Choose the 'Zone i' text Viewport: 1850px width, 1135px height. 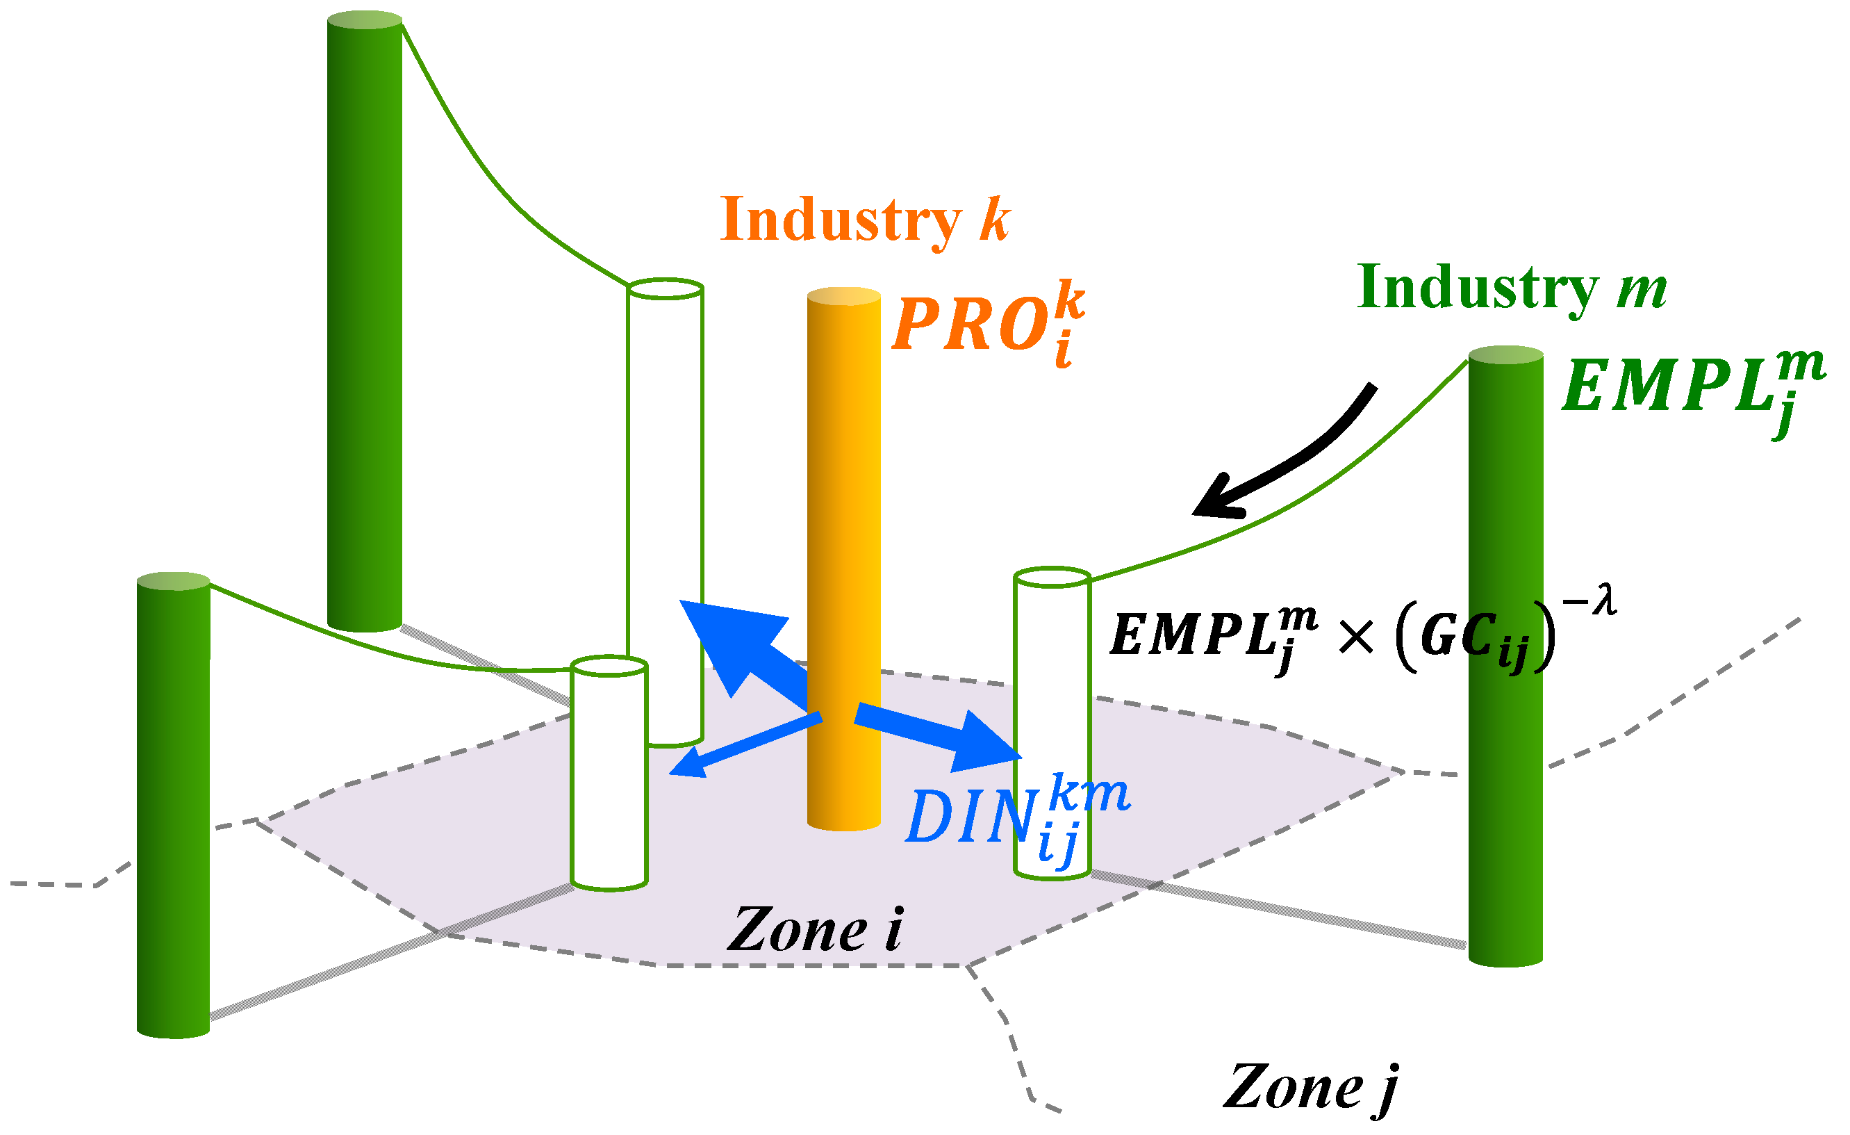pos(816,930)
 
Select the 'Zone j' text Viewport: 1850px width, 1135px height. pos(1311,1088)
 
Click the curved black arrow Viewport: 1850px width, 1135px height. pos(1299,458)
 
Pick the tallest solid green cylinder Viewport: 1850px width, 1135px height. pos(365,323)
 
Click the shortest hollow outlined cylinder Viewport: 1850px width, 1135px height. pos(609,774)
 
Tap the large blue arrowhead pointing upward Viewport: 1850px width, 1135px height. pos(725,639)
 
